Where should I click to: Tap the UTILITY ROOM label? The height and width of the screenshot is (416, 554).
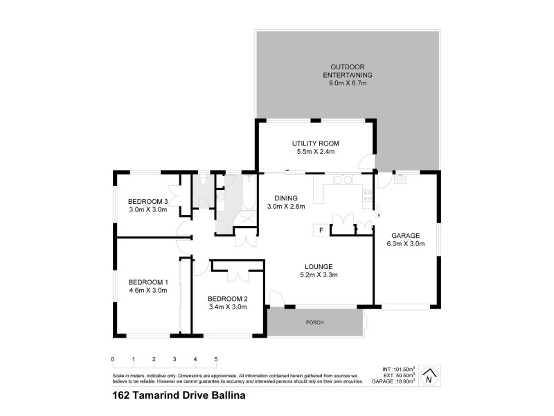tap(315, 144)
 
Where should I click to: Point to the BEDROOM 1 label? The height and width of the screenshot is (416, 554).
tap(148, 282)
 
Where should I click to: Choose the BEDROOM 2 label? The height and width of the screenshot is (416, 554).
tap(228, 299)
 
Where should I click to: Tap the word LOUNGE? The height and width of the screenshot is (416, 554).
tap(319, 266)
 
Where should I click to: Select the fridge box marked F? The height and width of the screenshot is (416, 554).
tap(321, 229)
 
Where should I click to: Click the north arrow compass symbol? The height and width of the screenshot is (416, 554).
tap(431, 376)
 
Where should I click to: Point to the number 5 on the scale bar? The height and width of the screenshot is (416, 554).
tap(216, 359)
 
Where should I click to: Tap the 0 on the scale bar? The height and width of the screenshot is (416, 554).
tap(112, 359)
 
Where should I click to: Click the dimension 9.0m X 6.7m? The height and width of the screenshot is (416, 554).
tap(349, 83)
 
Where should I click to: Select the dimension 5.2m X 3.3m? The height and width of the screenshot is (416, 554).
tap(319, 275)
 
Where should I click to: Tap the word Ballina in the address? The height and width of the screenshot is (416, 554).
tap(226, 397)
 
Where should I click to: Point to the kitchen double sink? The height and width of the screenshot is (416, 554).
tap(342, 181)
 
